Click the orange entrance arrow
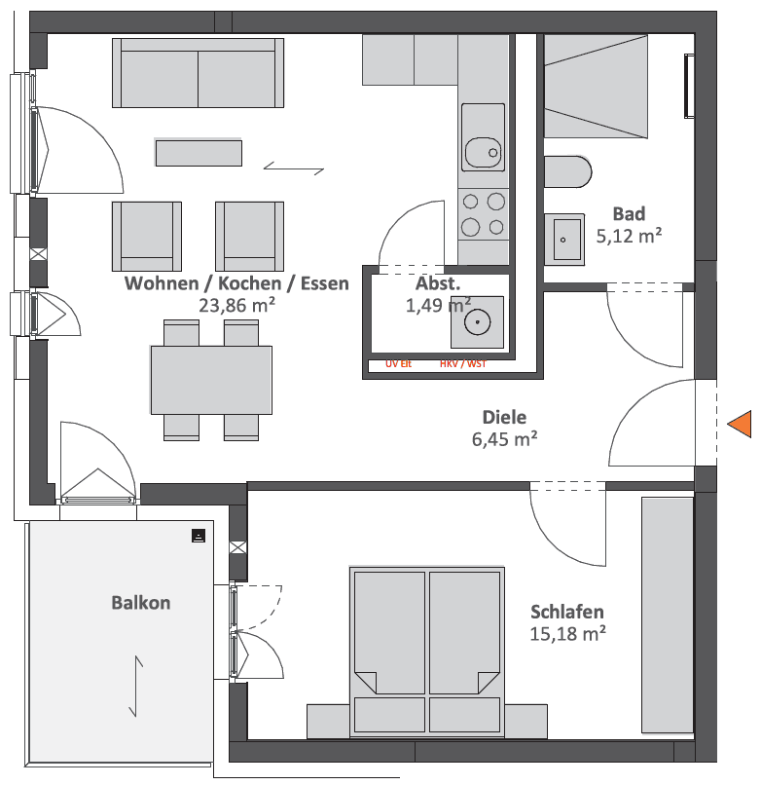742,424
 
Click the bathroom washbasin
564,238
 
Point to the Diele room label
505,417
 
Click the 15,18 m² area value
568,633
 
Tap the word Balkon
141,603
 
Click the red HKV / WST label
462,364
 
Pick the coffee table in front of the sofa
199,153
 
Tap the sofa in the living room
199,73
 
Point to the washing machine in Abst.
477,322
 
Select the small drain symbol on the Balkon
199,535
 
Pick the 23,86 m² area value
236,305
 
